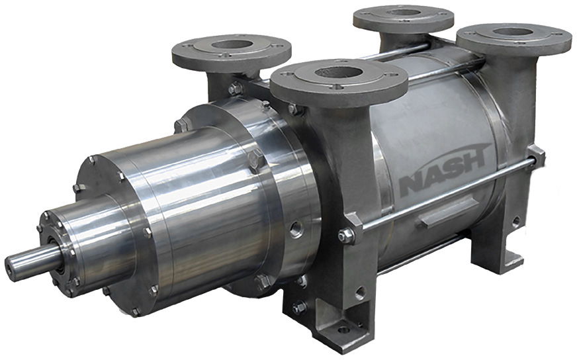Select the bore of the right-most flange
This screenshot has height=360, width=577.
click(x=516, y=32)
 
